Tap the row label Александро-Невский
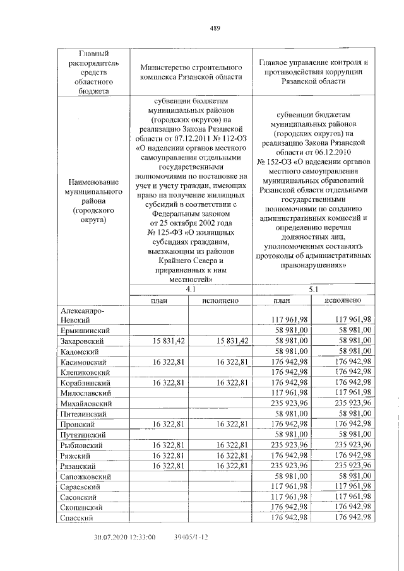click(82, 314)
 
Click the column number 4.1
click(190, 289)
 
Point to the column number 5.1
click(314, 289)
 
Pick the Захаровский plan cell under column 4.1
click(168, 341)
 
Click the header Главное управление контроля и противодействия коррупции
click(314, 72)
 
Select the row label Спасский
click(76, 517)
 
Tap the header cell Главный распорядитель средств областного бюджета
click(93, 72)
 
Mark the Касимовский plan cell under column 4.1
click(168, 362)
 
